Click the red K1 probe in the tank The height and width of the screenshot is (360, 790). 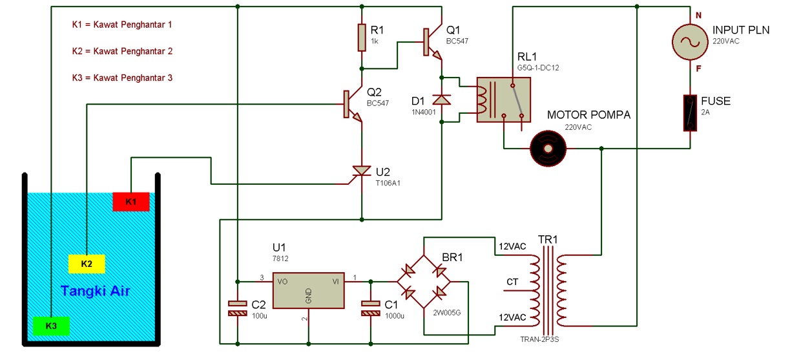[x=131, y=202]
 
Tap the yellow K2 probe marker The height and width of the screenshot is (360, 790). [x=87, y=264]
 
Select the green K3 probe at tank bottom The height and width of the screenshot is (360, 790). [x=51, y=326]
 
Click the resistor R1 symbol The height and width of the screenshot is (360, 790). [x=362, y=37]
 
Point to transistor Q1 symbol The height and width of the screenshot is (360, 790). [x=431, y=42]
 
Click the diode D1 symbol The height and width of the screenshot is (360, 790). [x=442, y=100]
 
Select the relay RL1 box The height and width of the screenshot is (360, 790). [x=503, y=100]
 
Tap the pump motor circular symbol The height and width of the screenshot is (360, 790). [x=548, y=148]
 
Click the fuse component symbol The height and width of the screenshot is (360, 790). [x=690, y=114]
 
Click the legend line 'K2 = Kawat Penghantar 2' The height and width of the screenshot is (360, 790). [x=122, y=51]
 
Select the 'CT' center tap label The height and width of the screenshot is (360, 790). [x=512, y=282]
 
